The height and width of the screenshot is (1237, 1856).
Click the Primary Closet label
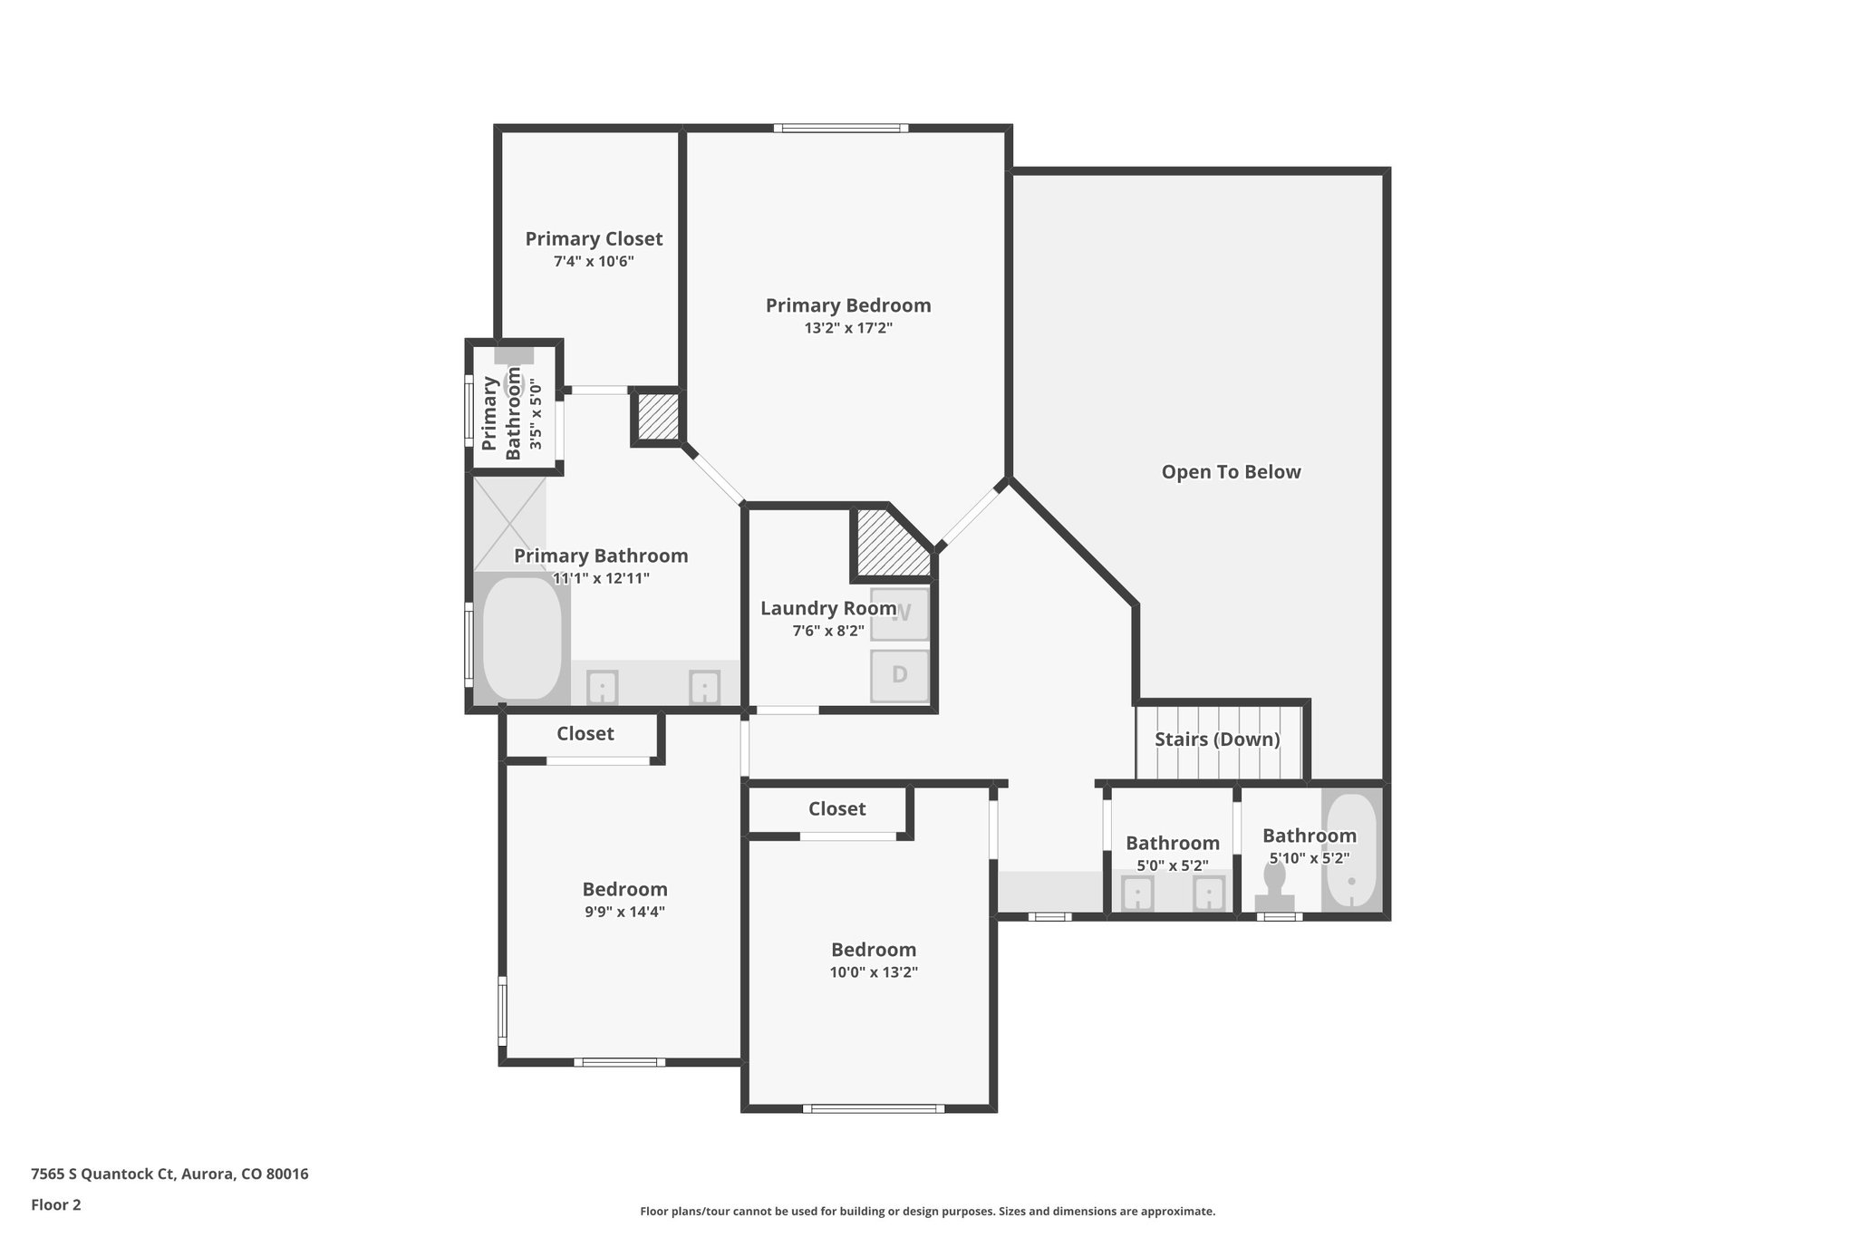point(594,238)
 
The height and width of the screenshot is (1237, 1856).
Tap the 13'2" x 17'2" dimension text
point(848,328)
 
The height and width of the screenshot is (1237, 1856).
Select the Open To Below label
point(1231,471)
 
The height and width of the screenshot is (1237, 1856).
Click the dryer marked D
point(899,675)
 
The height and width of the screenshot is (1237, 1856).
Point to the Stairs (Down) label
point(1217,739)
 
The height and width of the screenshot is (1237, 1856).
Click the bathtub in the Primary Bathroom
point(521,638)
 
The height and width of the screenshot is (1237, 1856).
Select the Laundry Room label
point(827,608)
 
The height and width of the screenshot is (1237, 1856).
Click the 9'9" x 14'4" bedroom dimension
point(624,912)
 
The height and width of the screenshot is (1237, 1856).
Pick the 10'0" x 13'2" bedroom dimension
point(874,972)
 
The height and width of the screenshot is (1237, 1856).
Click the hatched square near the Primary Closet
point(656,417)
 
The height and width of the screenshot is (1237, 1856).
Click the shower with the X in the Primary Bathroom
point(509,523)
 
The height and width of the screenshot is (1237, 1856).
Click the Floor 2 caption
point(56,1204)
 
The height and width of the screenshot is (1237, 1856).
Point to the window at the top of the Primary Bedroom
point(841,128)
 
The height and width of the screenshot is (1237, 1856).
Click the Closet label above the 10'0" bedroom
point(836,808)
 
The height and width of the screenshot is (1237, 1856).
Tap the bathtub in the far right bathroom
point(1351,850)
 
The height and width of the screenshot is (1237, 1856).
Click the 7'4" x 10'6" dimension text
point(594,261)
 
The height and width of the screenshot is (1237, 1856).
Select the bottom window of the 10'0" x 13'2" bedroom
point(874,1107)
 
